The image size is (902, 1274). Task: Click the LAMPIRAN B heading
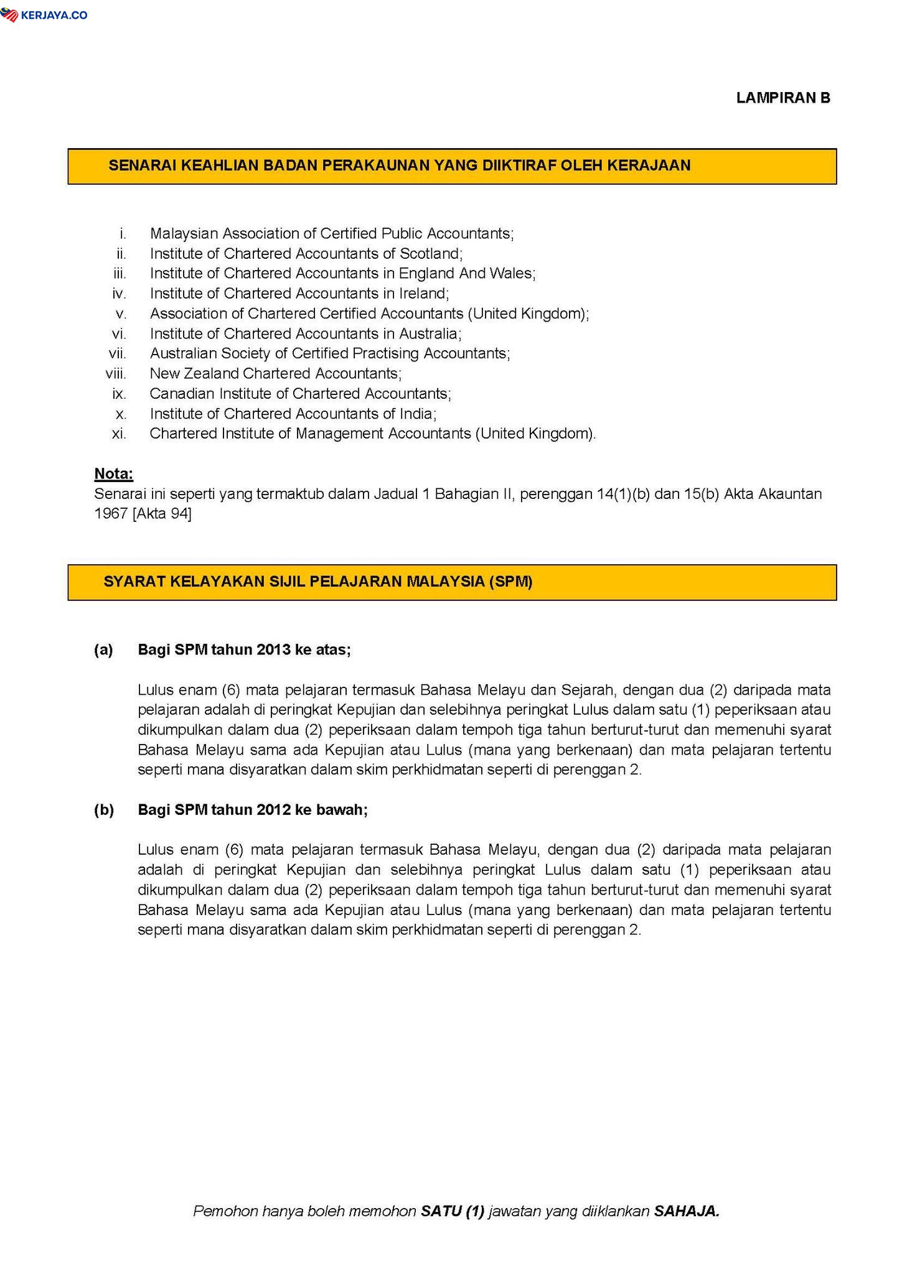click(x=783, y=98)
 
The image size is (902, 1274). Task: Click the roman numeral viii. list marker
click(x=116, y=374)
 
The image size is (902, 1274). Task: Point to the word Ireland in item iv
click(x=423, y=294)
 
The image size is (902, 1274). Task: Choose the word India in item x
click(x=419, y=414)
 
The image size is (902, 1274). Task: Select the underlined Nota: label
click(x=114, y=474)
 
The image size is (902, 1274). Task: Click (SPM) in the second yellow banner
click(x=510, y=582)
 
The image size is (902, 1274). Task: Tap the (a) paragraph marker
click(x=104, y=650)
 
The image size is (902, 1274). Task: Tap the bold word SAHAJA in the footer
click(x=687, y=1211)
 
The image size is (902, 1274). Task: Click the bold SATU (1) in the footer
click(x=453, y=1211)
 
